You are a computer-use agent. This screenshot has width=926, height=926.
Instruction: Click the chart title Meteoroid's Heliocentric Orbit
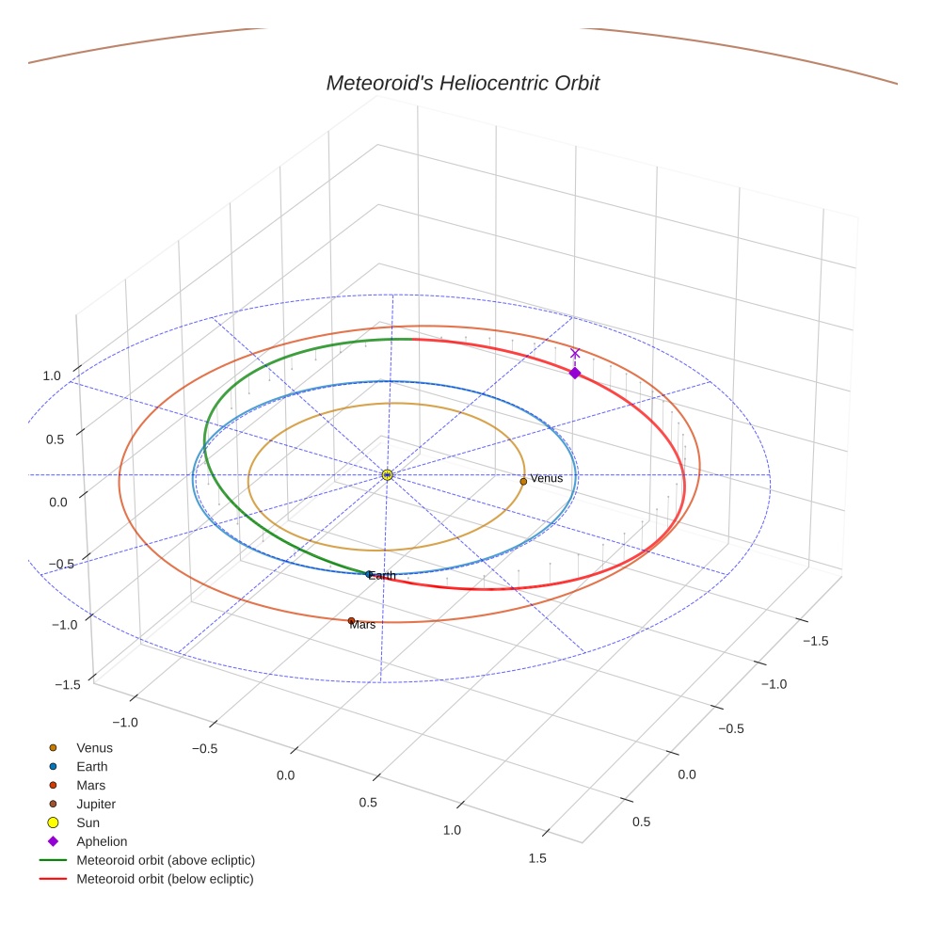pos(462,83)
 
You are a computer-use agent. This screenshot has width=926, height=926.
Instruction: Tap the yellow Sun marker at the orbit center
pos(387,475)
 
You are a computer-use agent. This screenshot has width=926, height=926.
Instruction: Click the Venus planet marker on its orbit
pos(523,481)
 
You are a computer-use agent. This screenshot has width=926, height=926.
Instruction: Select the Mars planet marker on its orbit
pos(351,621)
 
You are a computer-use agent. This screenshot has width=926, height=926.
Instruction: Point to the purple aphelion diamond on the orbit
pos(575,373)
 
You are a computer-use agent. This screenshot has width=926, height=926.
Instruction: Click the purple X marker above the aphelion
pos(575,354)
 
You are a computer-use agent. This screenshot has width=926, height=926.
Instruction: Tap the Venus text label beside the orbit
pos(546,478)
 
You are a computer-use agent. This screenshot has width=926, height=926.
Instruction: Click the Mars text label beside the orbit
pos(362,625)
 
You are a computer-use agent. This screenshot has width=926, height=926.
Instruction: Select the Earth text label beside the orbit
pos(382,575)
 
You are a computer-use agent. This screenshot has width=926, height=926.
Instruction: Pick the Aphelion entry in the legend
pos(102,841)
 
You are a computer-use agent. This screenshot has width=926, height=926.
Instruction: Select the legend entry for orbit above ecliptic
pos(166,860)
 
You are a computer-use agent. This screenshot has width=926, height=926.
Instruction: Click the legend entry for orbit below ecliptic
pos(165,879)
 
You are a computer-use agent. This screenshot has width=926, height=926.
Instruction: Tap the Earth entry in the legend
pos(91,766)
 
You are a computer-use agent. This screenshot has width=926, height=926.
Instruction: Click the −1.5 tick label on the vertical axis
pos(65,684)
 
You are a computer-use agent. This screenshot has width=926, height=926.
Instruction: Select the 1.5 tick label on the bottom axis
pos(536,857)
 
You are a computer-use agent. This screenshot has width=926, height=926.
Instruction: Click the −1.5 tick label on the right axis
pos(814,641)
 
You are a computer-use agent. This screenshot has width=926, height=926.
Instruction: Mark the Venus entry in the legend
pos(94,747)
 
